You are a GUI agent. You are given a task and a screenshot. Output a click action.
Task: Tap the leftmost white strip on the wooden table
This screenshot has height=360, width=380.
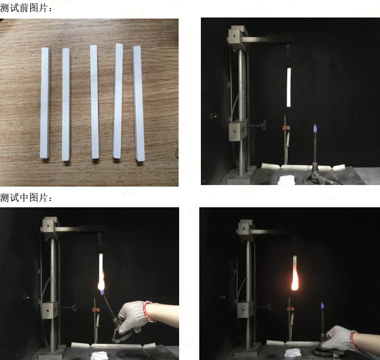point(45,103)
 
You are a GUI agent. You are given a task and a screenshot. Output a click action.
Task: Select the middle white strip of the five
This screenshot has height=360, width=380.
point(94,102)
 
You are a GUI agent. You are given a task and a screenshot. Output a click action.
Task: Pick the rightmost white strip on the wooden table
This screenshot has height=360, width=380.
point(139,103)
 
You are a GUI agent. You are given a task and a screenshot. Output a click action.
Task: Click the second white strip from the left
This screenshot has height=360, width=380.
point(66,104)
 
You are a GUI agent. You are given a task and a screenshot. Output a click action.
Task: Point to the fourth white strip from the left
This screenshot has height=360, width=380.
point(118,101)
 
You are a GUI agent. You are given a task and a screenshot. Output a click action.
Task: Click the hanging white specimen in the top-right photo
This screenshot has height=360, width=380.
point(289,87)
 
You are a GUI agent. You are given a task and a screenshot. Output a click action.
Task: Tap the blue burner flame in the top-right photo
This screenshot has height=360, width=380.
point(315,129)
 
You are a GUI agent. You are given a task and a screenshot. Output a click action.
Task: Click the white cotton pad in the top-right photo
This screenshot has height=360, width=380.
point(286,181)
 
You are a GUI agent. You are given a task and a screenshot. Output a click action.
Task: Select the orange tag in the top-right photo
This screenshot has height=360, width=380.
point(286,128)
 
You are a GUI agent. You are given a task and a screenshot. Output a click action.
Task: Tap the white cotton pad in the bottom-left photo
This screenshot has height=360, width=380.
point(99,356)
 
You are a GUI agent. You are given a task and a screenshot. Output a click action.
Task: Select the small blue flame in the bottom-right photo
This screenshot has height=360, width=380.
point(322,306)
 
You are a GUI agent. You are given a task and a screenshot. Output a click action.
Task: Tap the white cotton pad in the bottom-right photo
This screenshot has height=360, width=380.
point(293,353)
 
